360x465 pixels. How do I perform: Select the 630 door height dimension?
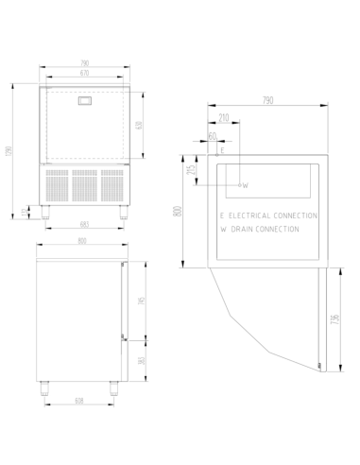tap(140, 126)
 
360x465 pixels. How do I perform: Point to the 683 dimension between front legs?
tap(84, 224)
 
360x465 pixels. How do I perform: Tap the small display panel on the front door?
tap(84, 100)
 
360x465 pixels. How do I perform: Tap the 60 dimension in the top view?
tap(214, 138)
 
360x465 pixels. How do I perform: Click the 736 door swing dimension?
tap(337, 321)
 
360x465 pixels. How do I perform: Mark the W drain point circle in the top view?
tap(240, 184)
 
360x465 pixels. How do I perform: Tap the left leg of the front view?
tap(46, 211)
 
